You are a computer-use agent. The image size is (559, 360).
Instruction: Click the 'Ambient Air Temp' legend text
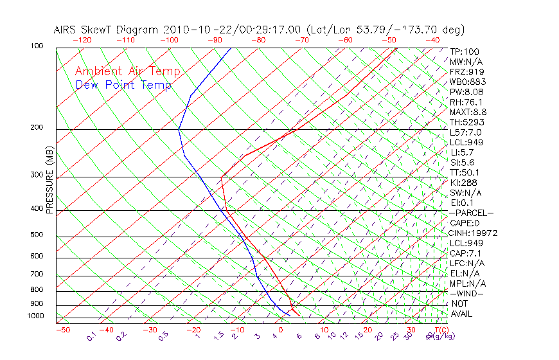coord(127,72)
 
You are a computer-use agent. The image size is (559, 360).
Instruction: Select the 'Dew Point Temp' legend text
coord(123,85)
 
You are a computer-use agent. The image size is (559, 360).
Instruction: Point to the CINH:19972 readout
coord(474,233)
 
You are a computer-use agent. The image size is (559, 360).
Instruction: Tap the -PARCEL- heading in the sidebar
coord(472,213)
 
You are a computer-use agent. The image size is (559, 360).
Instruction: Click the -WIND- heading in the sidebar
coord(466,293)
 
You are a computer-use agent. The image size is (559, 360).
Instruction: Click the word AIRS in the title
coord(67,30)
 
